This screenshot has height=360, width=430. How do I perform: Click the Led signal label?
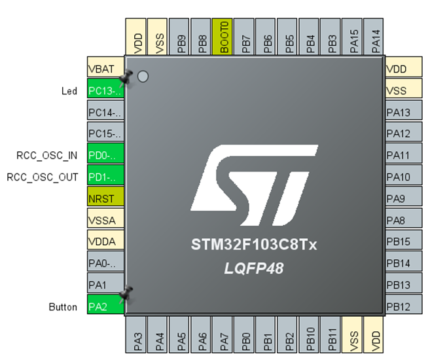(x=69, y=91)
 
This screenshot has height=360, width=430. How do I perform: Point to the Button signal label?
(x=63, y=306)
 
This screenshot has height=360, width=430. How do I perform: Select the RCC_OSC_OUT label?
(x=43, y=177)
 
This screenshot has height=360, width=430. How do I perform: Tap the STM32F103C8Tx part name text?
(x=254, y=245)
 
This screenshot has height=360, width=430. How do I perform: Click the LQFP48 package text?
(x=255, y=268)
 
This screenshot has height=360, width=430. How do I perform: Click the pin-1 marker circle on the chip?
(x=143, y=77)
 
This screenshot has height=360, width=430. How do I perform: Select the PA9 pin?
(x=399, y=198)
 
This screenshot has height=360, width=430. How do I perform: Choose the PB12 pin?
(x=399, y=306)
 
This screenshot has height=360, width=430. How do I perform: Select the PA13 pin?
(x=399, y=112)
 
